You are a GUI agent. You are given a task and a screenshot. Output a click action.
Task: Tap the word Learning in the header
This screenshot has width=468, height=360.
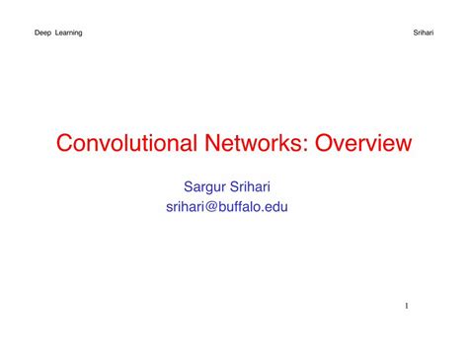(x=69, y=33)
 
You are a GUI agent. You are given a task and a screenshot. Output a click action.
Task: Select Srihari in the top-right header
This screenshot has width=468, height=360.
(x=422, y=33)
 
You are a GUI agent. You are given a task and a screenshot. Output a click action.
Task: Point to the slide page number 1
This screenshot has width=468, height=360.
(x=405, y=306)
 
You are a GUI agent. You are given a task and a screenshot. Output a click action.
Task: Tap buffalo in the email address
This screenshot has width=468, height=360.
(x=257, y=206)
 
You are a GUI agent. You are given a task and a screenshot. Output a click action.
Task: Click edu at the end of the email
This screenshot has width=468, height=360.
(x=287, y=206)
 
